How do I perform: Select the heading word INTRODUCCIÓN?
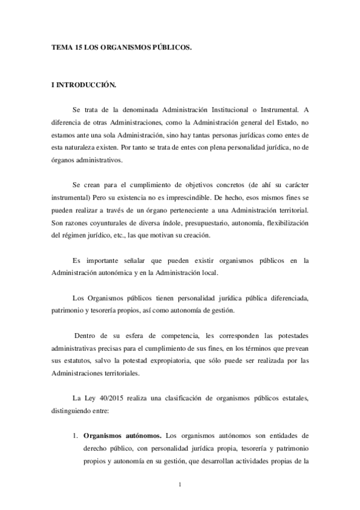88,87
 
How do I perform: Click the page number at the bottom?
180,484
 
